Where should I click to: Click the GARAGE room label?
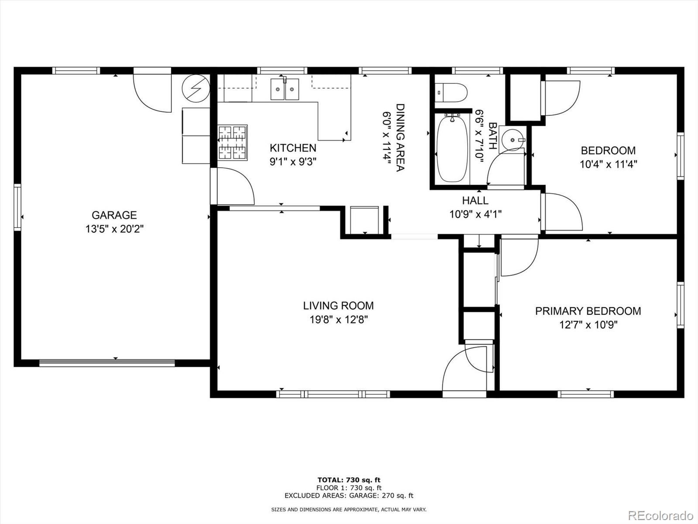114,215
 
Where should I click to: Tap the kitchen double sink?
284,90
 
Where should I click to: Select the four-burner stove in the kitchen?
233,142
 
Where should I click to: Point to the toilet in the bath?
451,93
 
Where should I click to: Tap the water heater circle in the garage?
196,88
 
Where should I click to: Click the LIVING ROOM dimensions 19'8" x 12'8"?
339,320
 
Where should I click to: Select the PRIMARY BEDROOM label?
588,311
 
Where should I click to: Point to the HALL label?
475,200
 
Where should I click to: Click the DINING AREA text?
400,138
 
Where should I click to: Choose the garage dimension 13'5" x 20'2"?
114,229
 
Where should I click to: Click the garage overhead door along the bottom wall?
107,363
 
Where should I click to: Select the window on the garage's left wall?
17,207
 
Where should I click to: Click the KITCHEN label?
293,148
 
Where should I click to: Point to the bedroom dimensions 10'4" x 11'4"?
608,164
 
